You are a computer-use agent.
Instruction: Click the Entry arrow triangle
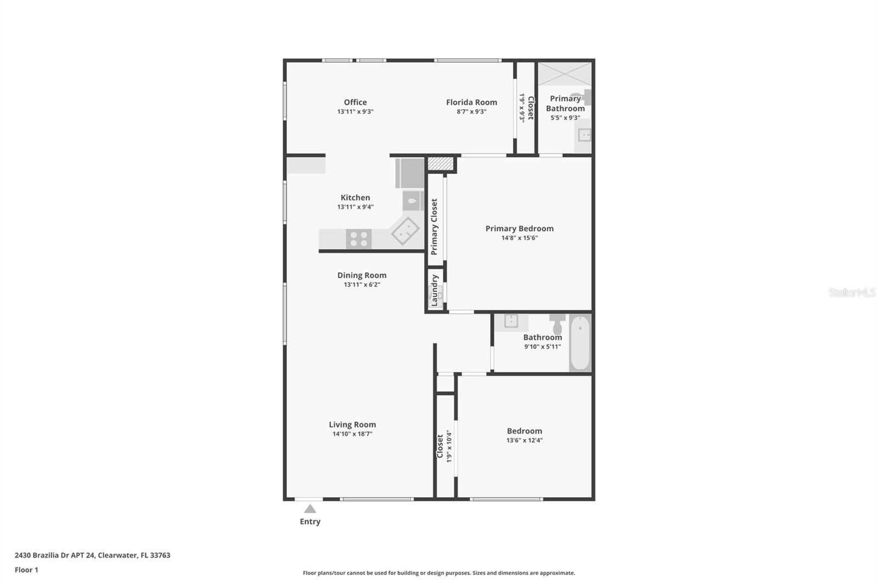(x=310, y=509)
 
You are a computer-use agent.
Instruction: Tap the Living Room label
(x=352, y=424)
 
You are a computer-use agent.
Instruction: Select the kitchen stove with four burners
(x=359, y=239)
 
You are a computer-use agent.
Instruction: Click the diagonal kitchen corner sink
(x=406, y=231)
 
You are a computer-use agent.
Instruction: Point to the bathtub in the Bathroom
(x=580, y=342)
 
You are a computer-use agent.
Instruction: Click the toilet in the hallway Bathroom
(x=558, y=324)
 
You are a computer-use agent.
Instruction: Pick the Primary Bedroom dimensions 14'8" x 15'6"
(x=519, y=238)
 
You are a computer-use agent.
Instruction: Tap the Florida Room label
(x=471, y=102)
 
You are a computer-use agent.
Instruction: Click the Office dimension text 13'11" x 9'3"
(x=355, y=111)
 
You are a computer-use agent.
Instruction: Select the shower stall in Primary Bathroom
(x=564, y=74)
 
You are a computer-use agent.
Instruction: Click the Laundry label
(x=435, y=290)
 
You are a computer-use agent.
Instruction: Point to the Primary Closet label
(x=434, y=227)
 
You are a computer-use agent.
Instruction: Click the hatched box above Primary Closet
(x=440, y=164)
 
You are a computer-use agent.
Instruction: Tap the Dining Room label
(x=362, y=275)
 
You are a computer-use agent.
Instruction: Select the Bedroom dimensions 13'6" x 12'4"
(x=525, y=440)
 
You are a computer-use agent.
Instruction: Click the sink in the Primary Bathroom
(x=585, y=134)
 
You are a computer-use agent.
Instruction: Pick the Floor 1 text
(x=26, y=570)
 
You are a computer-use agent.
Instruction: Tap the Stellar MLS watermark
(x=852, y=292)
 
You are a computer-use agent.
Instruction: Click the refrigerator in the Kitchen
(x=410, y=173)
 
